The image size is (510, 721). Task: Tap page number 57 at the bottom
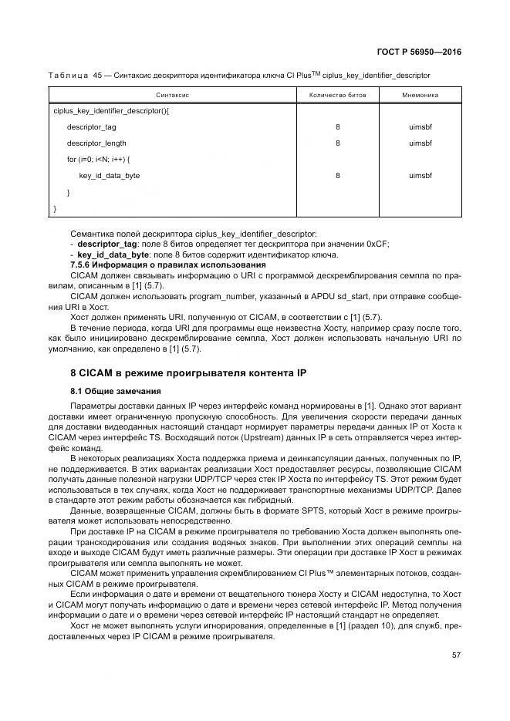pos(456,655)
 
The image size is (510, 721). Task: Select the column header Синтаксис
pos(173,95)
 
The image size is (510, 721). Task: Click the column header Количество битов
pos(337,95)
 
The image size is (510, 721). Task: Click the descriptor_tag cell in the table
pos(91,127)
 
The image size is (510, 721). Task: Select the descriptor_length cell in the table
pos(96,143)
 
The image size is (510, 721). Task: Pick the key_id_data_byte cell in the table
pos(109,176)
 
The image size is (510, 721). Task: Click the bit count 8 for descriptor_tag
pos(337,127)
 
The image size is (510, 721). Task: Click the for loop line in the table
pos(99,160)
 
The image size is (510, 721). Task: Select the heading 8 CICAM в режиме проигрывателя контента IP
pos(188,373)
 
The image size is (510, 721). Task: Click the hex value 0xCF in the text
pos(377,244)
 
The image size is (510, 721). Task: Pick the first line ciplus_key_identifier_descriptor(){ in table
pos(111,111)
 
